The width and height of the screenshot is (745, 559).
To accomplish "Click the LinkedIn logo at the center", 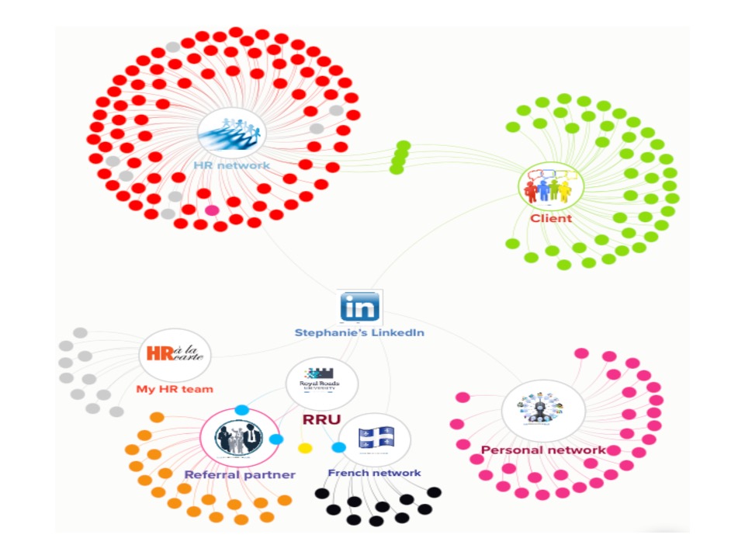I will coord(360,307).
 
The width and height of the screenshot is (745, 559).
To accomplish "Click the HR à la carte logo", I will coord(174,356).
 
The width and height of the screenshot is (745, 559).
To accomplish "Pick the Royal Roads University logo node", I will coord(321,380).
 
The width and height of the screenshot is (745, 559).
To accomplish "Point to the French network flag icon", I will coord(376,439).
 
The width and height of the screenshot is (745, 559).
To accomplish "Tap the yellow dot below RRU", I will coord(305,449).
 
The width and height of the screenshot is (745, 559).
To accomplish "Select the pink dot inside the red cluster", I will coord(212,210).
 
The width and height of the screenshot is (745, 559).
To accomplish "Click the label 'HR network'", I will coord(231,165).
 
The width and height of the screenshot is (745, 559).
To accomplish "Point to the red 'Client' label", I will coord(551,219).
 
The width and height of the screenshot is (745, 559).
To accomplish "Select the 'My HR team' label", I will coord(175,389).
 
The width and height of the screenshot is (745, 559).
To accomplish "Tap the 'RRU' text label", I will coord(321,420).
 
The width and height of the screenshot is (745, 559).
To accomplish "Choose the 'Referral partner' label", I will coord(239,474).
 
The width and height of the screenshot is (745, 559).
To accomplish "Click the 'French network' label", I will coord(374,473).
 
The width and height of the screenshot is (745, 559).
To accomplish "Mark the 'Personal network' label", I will coord(542,450).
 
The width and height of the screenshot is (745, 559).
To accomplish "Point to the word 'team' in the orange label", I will coord(199,389).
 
